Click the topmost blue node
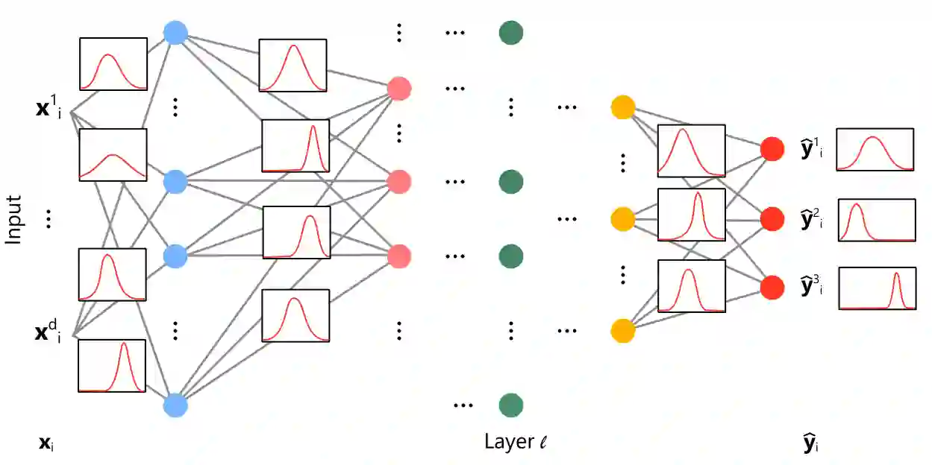pyautogui.click(x=175, y=32)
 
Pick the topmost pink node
pyautogui.click(x=399, y=89)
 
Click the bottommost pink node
pyautogui.click(x=399, y=256)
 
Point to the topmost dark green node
pyautogui.click(x=511, y=33)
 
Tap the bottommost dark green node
pyautogui.click(x=511, y=405)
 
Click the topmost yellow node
pyautogui.click(x=622, y=107)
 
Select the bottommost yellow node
pyautogui.click(x=622, y=330)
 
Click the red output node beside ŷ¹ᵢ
pyautogui.click(x=772, y=149)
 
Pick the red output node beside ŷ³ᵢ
pyautogui.click(x=772, y=287)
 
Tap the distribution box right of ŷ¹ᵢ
pyautogui.click(x=875, y=150)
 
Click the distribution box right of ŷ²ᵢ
pyautogui.click(x=877, y=220)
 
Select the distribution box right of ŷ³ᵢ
pyautogui.click(x=877, y=288)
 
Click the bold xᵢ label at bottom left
pyautogui.click(x=46, y=445)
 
